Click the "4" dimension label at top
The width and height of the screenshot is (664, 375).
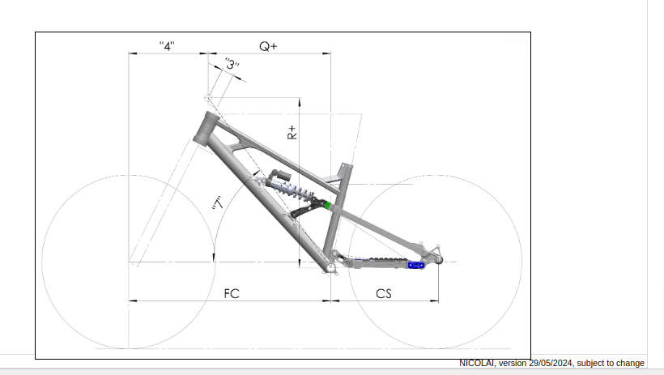tap(167, 46)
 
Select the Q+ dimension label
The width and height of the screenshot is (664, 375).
tap(268, 46)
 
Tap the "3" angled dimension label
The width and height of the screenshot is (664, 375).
tap(232, 64)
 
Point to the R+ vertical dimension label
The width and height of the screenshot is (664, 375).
tap(292, 132)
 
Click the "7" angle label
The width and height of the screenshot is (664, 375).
tap(218, 203)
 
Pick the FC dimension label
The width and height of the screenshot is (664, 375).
tap(232, 293)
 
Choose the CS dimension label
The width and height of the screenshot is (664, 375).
tap(384, 293)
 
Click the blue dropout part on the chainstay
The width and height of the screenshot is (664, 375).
tap(416, 266)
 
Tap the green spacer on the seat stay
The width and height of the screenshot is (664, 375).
tap(327, 206)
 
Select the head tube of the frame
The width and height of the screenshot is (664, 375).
tap(206, 129)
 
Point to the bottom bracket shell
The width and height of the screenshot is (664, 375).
tap(330, 267)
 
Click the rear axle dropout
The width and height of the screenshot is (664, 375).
tap(438, 259)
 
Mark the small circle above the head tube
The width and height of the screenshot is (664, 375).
tap(208, 98)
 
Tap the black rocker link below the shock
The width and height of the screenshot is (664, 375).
tap(306, 208)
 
